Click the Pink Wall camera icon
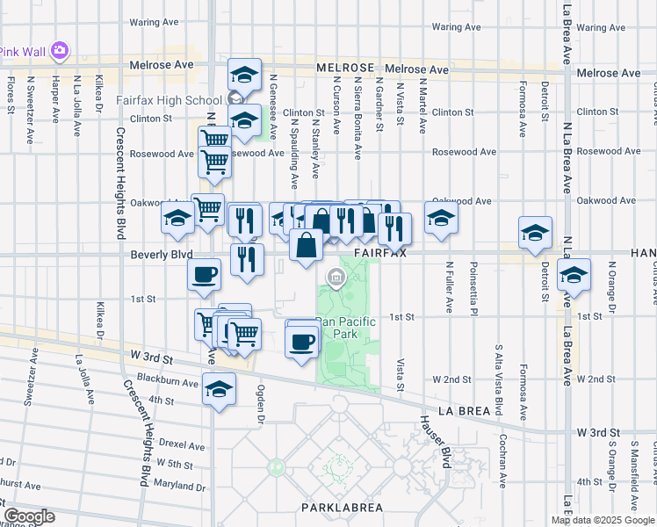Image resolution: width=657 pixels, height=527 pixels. (x=59, y=51)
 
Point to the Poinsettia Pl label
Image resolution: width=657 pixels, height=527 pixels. (x=473, y=287)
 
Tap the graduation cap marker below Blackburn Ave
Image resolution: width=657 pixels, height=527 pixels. (x=219, y=388)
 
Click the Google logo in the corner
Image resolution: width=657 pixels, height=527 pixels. (x=29, y=516)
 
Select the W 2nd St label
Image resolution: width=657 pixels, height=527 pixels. (x=452, y=379)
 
